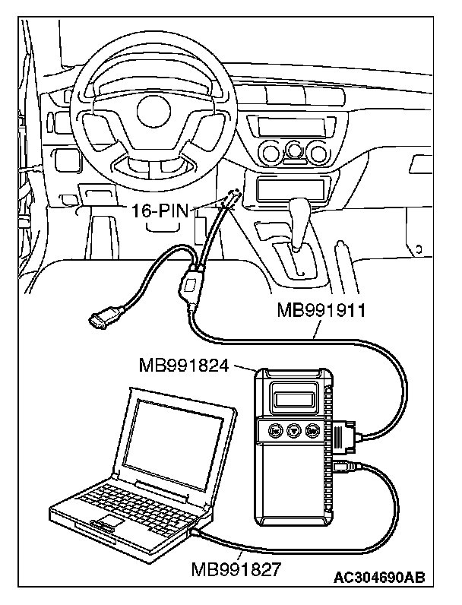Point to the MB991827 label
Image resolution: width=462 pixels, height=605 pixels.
click(x=236, y=567)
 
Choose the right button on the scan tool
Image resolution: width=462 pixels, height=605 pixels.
click(x=313, y=431)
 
